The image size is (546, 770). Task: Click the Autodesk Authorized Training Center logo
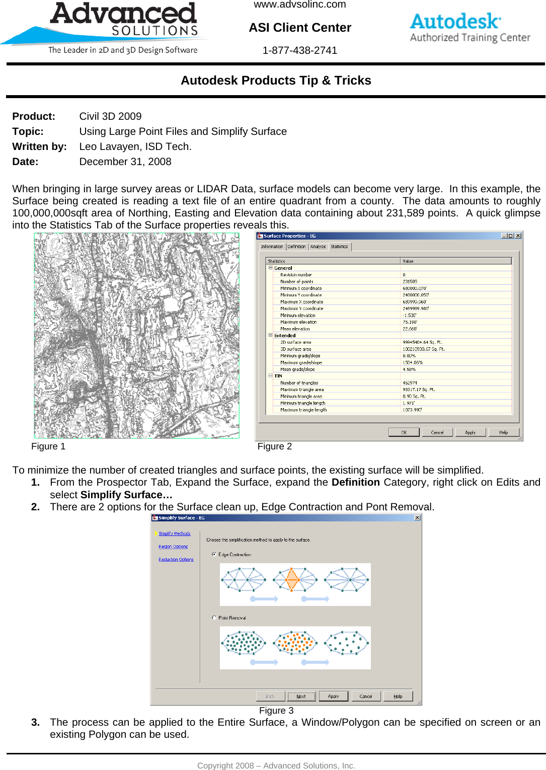(470, 28)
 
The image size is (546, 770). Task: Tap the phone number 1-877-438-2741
(300, 50)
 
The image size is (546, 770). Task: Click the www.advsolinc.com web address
(300, 5)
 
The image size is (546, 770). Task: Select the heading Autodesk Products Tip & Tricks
(276, 81)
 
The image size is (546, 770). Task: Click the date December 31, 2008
(125, 162)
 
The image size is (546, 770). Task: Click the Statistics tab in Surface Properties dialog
(339, 247)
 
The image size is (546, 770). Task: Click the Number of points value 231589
(410, 282)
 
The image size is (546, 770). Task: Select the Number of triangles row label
(299, 383)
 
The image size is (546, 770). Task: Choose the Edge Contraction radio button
(214, 555)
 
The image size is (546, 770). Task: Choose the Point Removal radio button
(214, 618)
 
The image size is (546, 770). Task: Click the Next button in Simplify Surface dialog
(301, 697)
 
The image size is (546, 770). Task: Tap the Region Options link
(173, 547)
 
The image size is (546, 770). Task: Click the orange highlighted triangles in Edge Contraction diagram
(292, 580)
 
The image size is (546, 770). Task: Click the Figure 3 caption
(276, 711)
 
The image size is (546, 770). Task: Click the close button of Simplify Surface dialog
(417, 518)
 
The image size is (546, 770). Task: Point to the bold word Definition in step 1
(355, 482)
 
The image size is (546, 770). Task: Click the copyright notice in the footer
(276, 765)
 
